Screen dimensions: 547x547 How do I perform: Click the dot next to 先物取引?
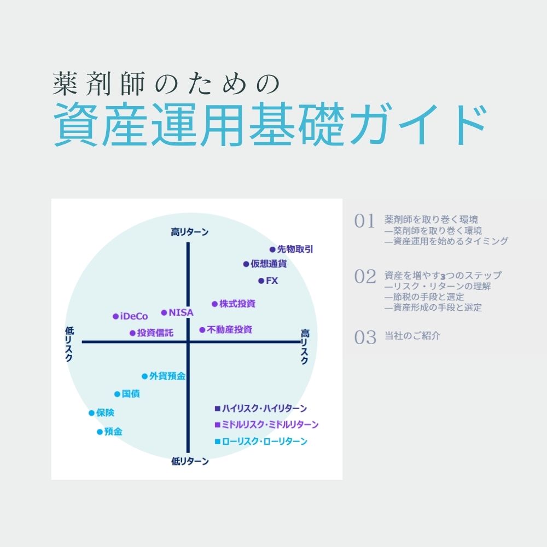tap(272, 249)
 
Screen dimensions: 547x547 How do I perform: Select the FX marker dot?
tap(261, 281)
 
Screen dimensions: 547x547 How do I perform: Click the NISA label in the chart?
tap(181, 312)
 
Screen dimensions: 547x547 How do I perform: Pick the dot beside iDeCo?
tap(115, 316)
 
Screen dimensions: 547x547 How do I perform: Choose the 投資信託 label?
tap(155, 333)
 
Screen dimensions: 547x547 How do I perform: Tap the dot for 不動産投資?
tap(202, 330)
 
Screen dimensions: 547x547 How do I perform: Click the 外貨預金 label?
tap(167, 376)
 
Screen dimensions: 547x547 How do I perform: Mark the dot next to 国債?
tap(117, 394)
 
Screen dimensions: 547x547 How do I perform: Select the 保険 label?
tap(106, 413)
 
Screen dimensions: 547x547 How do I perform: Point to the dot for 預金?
tap(100, 432)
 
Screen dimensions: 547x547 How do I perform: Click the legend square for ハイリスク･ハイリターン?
tap(217, 408)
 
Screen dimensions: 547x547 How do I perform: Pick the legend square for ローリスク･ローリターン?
tap(217, 441)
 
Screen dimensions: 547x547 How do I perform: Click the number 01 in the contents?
tap(365, 222)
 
